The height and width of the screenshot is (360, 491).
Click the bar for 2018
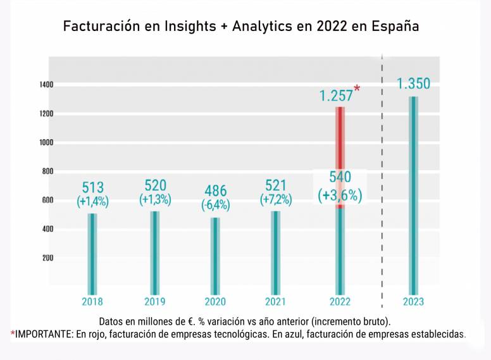(x=92, y=250)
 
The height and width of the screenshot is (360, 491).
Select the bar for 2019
(x=155, y=249)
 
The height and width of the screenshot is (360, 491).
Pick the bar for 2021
(x=276, y=249)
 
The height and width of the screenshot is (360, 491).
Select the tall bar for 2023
(x=413, y=190)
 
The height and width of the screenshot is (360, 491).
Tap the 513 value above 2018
(x=93, y=188)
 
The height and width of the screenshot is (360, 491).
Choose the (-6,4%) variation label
(x=215, y=205)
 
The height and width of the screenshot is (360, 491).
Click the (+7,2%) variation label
(x=276, y=200)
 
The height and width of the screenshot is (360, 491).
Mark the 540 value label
(x=340, y=178)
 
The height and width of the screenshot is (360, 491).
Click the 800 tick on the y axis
(x=47, y=171)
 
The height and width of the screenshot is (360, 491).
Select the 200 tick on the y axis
(x=47, y=258)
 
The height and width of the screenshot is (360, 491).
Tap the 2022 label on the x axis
(x=340, y=302)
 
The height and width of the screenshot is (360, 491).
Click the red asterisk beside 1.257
(x=357, y=89)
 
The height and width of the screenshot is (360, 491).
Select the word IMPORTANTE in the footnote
(x=42, y=333)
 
